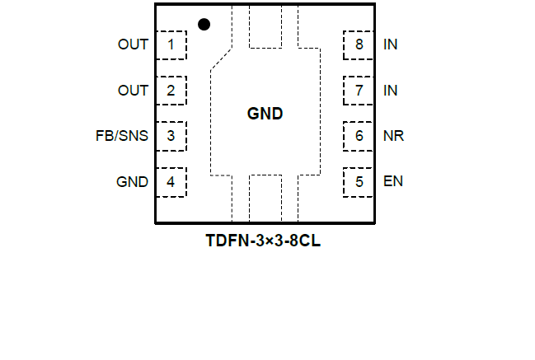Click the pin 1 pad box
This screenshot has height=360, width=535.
(x=171, y=44)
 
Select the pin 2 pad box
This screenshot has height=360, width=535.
(x=171, y=91)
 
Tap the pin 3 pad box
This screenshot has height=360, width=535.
(x=171, y=136)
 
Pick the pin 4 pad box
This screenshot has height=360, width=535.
(x=171, y=182)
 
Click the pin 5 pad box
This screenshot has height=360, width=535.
(x=359, y=182)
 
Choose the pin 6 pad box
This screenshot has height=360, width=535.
(x=359, y=136)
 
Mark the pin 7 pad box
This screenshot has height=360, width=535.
(x=359, y=91)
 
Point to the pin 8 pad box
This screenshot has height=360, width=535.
(x=359, y=44)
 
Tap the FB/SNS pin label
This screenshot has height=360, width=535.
(x=122, y=136)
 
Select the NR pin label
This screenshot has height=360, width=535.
(x=393, y=136)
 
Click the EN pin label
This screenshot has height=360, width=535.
(x=393, y=182)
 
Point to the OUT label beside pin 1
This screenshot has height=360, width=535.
(x=133, y=44)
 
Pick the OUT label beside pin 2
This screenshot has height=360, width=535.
(x=133, y=91)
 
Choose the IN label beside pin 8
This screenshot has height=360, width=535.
(x=391, y=44)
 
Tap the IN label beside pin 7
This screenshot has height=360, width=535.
(x=391, y=91)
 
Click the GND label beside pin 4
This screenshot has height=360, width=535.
(x=132, y=182)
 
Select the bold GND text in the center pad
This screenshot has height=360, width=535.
(x=265, y=115)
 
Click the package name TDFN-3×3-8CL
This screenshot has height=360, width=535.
(x=263, y=242)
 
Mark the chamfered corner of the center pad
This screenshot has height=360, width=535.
(x=222, y=58)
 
